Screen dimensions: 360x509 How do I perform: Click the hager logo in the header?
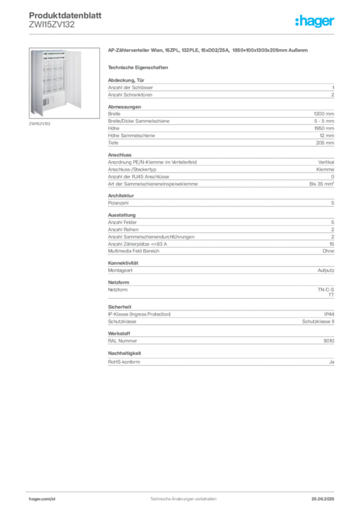pyautogui.click(x=315, y=21)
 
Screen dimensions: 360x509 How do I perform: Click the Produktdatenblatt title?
pyautogui.click(x=65, y=15)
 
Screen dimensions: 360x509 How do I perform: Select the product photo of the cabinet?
pyautogui.click(x=64, y=83)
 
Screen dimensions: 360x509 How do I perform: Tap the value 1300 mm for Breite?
pyautogui.click(x=324, y=114)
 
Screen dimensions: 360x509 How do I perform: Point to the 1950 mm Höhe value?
pyautogui.click(x=324, y=128)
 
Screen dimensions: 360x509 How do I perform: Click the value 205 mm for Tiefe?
pyautogui.click(x=325, y=143)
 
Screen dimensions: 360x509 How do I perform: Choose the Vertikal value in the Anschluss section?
pyautogui.click(x=326, y=162)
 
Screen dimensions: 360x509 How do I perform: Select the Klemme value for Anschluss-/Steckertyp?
pyautogui.click(x=325, y=170)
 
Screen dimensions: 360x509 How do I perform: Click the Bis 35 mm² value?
pyautogui.click(x=322, y=184)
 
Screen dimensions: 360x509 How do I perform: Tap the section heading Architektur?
pyautogui.click(x=121, y=196)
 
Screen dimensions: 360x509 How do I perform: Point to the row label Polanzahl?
pyautogui.click(x=118, y=203)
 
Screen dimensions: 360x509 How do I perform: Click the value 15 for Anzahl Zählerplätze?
pyautogui.click(x=332, y=244)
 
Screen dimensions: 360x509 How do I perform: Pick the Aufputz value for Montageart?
pyautogui.click(x=326, y=270)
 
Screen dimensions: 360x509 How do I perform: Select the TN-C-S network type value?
pyautogui.click(x=326, y=290)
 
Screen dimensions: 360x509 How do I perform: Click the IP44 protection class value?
pyautogui.click(x=329, y=314)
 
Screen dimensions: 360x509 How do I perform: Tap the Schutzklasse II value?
pyautogui.click(x=318, y=322)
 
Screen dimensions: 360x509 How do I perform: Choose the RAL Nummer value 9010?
pyautogui.click(x=329, y=341)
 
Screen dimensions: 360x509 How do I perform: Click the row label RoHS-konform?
pyautogui.click(x=124, y=362)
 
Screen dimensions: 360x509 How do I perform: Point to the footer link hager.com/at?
pyautogui.click(x=42, y=499)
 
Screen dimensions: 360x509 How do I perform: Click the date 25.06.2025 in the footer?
pyautogui.click(x=323, y=499)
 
